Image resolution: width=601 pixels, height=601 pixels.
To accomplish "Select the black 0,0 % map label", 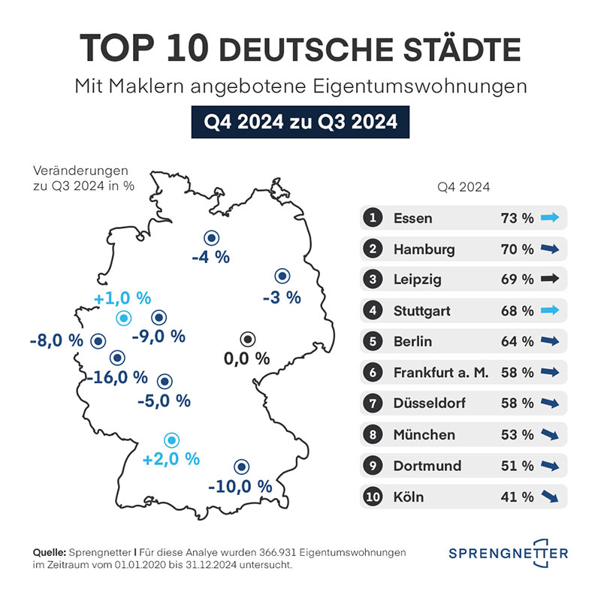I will tap(246, 358).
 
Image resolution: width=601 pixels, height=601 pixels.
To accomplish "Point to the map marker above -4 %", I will tap(213, 238).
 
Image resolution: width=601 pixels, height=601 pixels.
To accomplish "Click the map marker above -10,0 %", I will tap(241, 466).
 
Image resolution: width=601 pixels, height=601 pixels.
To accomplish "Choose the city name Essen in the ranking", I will tap(412, 219).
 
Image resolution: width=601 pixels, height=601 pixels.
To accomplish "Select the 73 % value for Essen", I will tap(517, 219).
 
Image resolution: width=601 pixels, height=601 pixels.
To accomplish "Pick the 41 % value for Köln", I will tap(517, 497).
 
